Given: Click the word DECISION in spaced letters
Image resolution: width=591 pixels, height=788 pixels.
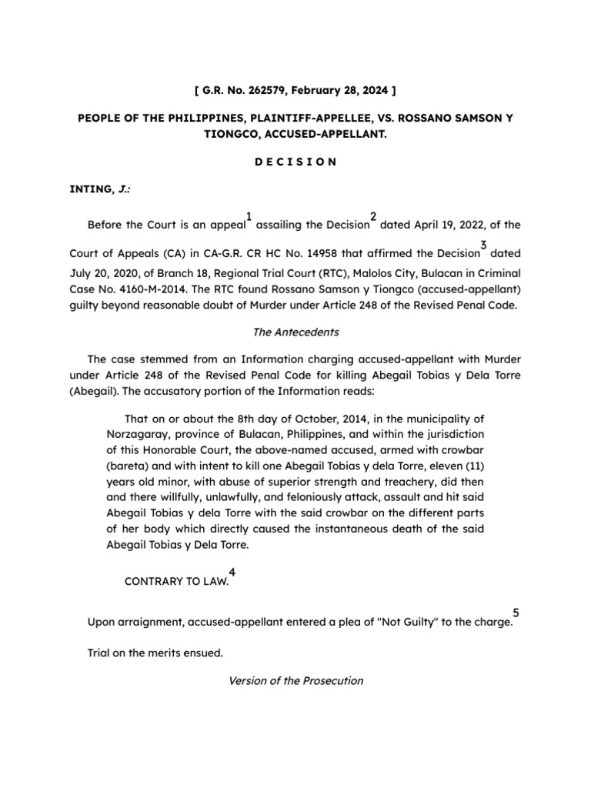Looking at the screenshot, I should click(295, 162).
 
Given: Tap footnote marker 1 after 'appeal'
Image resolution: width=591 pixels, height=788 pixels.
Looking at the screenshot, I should click(249, 216).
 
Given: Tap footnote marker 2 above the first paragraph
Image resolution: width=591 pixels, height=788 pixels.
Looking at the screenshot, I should click(373, 216).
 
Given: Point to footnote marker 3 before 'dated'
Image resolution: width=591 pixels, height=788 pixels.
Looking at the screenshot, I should click(483, 245).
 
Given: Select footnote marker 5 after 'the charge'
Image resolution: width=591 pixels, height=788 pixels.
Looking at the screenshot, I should click(516, 613).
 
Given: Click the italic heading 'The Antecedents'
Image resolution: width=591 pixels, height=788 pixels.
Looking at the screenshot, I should click(295, 332).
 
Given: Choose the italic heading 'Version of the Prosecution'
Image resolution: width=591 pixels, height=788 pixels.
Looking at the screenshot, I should click(295, 681).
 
